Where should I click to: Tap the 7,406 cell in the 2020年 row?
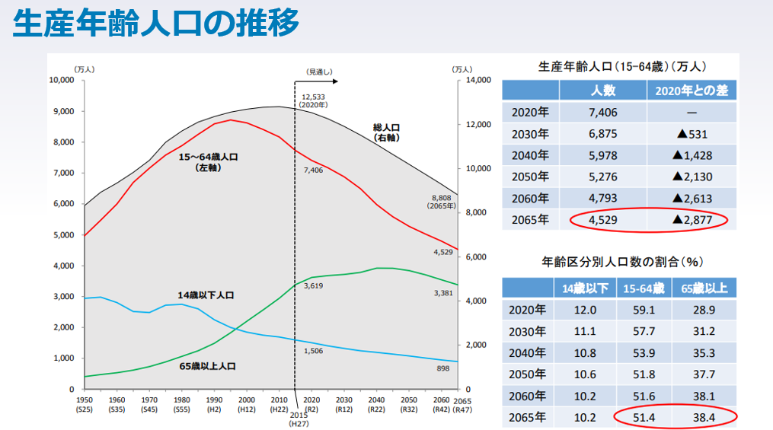click(602, 113)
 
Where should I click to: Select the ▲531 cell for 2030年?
click(692, 134)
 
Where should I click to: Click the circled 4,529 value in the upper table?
click(602, 220)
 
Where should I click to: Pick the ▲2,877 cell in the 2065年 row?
click(692, 220)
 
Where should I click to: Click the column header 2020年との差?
click(692, 91)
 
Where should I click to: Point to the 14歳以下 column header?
click(585, 288)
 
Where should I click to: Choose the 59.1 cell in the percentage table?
click(643, 310)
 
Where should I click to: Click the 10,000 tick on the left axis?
click(61, 81)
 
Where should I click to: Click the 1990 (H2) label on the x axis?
click(214, 404)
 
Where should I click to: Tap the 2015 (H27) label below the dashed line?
click(299, 419)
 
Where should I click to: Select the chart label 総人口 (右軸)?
click(387, 132)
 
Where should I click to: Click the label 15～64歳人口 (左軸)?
click(208, 161)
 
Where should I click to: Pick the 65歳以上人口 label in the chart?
click(207, 366)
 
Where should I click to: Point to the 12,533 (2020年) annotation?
click(313, 100)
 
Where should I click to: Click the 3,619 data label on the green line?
click(313, 286)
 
